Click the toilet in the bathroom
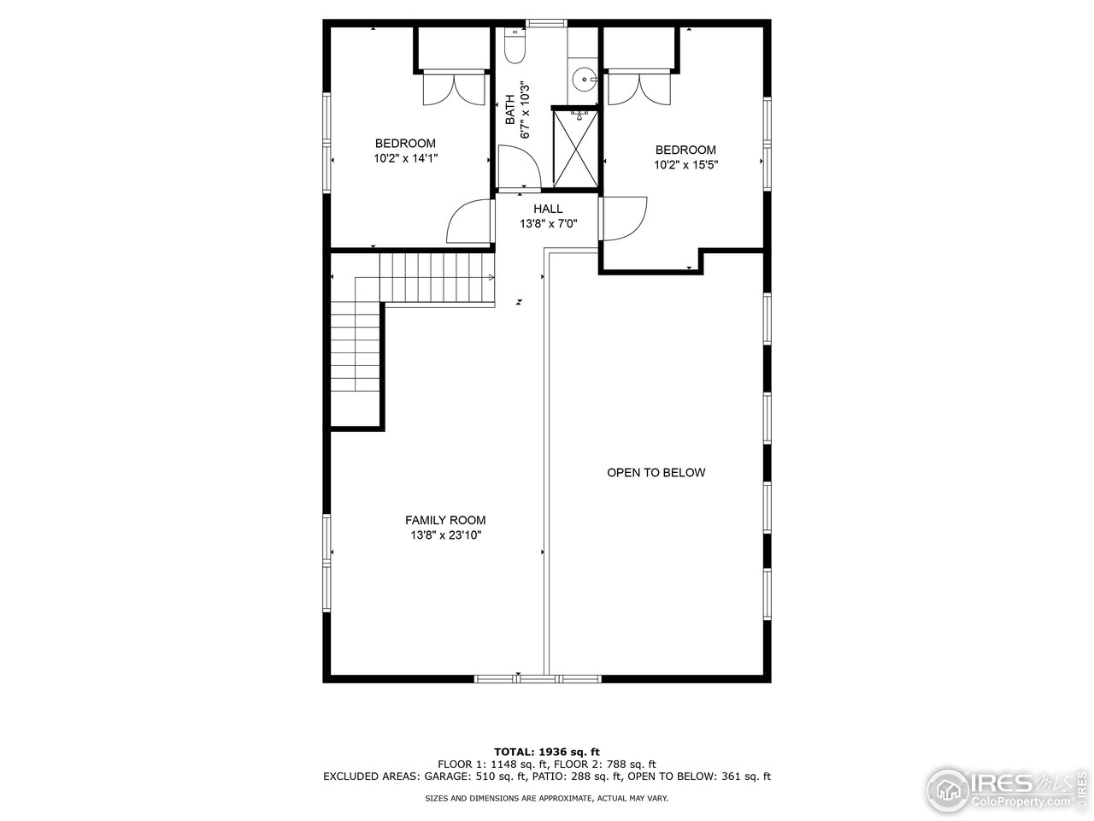[x=515, y=46]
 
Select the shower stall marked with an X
[x=576, y=148]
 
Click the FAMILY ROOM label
[x=445, y=520]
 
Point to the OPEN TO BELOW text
[x=656, y=472]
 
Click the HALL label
[x=548, y=209]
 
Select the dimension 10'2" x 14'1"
[x=405, y=158]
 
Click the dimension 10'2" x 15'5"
[x=685, y=165]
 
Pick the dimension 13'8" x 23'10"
[x=445, y=535]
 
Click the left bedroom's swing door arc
[x=468, y=222]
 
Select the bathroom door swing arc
[x=519, y=165]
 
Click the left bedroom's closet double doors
[x=453, y=87]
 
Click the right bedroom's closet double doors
[x=639, y=87]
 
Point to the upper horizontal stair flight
[x=437, y=278]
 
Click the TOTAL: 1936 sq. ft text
[x=547, y=751]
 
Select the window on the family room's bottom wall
[x=539, y=678]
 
